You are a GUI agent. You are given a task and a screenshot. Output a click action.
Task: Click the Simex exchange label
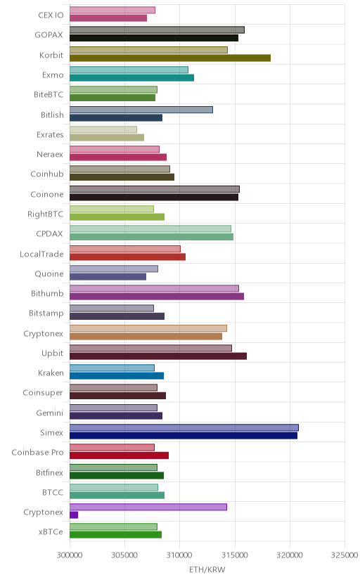click(x=51, y=432)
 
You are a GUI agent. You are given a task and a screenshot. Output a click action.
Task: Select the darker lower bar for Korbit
click(x=170, y=58)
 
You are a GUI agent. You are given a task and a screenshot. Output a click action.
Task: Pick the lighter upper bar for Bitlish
click(x=141, y=110)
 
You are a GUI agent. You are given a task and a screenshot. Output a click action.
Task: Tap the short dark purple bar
click(x=74, y=515)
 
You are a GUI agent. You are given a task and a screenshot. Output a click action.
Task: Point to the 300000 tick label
click(x=70, y=555)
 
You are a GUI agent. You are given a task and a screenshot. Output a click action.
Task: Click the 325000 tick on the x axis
click(x=345, y=555)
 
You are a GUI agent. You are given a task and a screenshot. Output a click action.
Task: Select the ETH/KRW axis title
click(x=207, y=570)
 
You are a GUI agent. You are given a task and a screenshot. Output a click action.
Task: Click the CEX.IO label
click(x=51, y=15)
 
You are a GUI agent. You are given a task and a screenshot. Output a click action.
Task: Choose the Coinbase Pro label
click(x=37, y=453)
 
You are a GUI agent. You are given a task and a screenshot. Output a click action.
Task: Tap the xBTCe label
click(x=51, y=532)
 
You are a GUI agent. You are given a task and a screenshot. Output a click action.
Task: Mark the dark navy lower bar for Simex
click(x=184, y=436)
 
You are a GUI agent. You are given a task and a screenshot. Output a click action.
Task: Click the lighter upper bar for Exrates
click(x=103, y=129)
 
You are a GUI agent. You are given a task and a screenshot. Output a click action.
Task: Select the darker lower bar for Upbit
click(x=158, y=356)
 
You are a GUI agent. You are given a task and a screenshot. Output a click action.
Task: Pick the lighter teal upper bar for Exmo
click(x=129, y=70)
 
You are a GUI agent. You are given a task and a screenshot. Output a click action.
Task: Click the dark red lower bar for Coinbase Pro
click(x=119, y=455)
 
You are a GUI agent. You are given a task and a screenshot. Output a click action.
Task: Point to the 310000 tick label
click(x=179, y=555)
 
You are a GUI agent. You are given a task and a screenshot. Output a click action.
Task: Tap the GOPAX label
click(x=49, y=35)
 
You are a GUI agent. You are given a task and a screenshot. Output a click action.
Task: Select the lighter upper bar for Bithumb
click(x=154, y=288)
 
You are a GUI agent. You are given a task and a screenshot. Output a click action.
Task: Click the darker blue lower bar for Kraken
click(x=117, y=376)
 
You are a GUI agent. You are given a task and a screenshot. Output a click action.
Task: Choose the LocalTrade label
click(x=41, y=254)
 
